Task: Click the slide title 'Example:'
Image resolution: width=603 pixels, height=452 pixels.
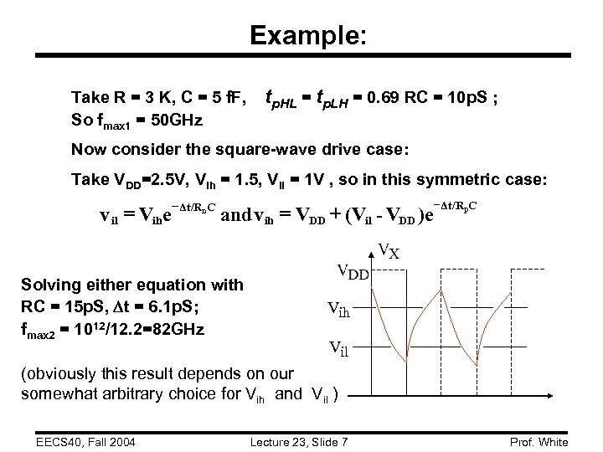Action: pos(307,35)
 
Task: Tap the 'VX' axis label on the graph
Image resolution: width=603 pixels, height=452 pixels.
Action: pos(388,250)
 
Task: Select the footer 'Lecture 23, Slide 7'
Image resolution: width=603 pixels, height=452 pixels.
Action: pos(301,442)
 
